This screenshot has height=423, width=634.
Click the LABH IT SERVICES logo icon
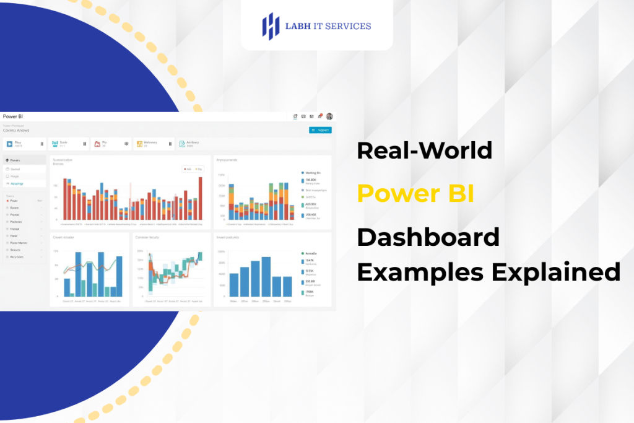[271, 26]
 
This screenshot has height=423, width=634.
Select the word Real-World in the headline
[425, 150]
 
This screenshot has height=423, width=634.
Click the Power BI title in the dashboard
[13, 116]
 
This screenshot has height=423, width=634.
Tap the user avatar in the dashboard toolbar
[329, 116]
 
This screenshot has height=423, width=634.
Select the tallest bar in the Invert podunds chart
[266, 276]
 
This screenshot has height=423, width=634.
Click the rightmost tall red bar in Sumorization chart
[200, 198]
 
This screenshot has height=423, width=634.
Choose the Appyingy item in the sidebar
[17, 184]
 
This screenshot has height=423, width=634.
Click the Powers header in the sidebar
[15, 160]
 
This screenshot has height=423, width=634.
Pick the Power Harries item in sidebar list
[19, 243]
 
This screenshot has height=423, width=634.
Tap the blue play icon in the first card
[10, 144]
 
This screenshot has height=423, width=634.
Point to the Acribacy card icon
[182, 144]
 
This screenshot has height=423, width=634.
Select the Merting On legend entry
[313, 172]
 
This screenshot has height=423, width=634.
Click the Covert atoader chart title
[64, 237]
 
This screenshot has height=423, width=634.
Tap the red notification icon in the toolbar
[320, 116]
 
